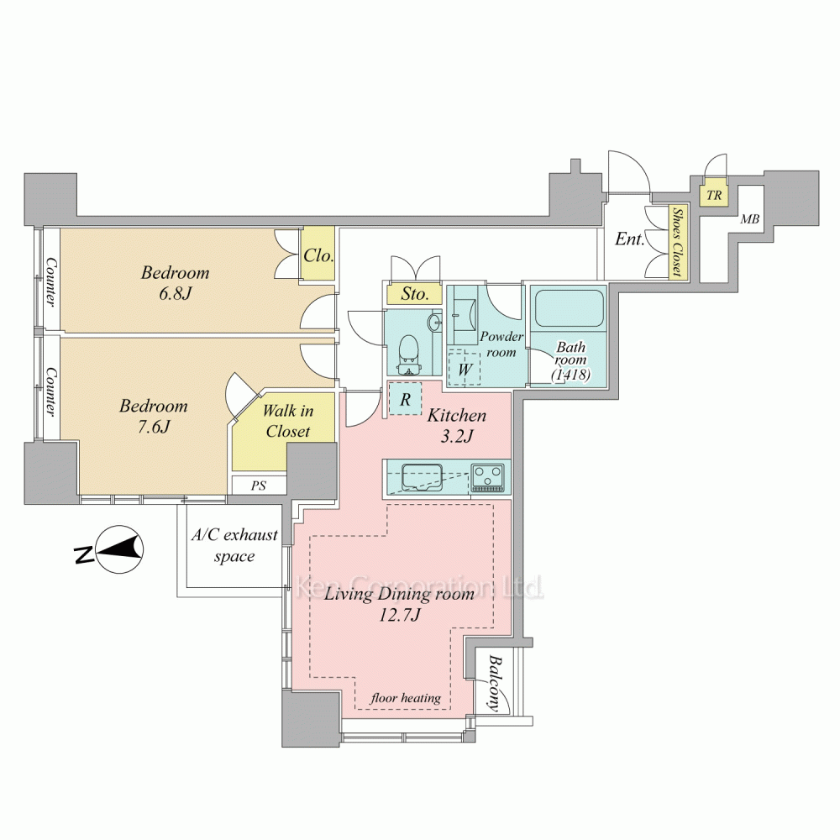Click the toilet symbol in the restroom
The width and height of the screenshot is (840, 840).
tap(410, 354)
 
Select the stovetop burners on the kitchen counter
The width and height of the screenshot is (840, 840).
tap(487, 477)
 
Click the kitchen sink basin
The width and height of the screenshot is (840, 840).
tap(422, 477)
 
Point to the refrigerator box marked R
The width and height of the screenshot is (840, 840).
tap(406, 398)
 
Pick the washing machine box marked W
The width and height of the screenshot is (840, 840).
tap(465, 368)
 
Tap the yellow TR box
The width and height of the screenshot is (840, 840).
tap(713, 195)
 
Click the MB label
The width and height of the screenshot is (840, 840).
tap(749, 219)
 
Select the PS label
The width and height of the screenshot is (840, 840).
tap(259, 486)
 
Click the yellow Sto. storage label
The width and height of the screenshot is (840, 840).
tap(415, 293)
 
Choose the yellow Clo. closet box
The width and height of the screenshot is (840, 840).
tap(318, 254)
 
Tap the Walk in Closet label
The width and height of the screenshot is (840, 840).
tap(287, 421)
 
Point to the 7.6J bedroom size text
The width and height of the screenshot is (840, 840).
tap(153, 427)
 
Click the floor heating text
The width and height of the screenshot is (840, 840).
tap(406, 697)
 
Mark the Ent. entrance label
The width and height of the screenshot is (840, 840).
tap(629, 239)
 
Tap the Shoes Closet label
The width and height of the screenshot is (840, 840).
tap(678, 242)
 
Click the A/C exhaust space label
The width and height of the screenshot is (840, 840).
tap(234, 545)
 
